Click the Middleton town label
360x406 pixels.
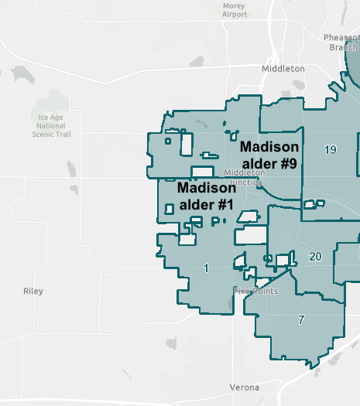[283, 69]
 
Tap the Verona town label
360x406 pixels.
[245, 387]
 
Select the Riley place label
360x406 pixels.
[33, 292]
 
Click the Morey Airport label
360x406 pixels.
[234, 9]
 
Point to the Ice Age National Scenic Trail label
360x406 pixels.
[52, 125]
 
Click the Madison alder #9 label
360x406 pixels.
[269, 155]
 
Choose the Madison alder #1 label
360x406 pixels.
[206, 196]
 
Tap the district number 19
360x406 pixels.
[331, 149]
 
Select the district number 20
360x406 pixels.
[315, 257]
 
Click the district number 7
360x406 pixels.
[301, 319]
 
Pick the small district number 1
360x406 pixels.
[206, 268]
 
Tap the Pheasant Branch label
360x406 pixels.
[341, 42]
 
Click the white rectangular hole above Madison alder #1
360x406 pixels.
[202, 172]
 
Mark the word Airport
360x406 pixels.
[235, 15]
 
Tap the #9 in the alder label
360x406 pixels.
[288, 163]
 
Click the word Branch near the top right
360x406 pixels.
[342, 47]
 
